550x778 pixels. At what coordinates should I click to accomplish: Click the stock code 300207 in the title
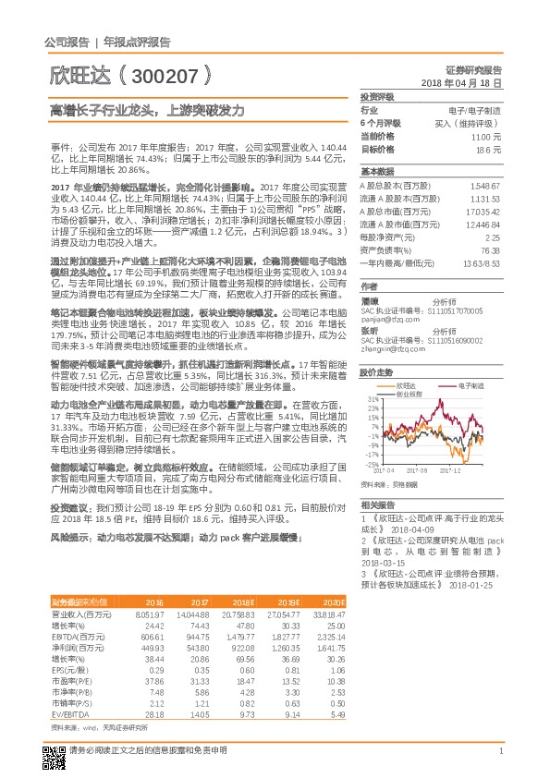click(167, 74)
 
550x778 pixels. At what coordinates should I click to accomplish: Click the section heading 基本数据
click(376, 172)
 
